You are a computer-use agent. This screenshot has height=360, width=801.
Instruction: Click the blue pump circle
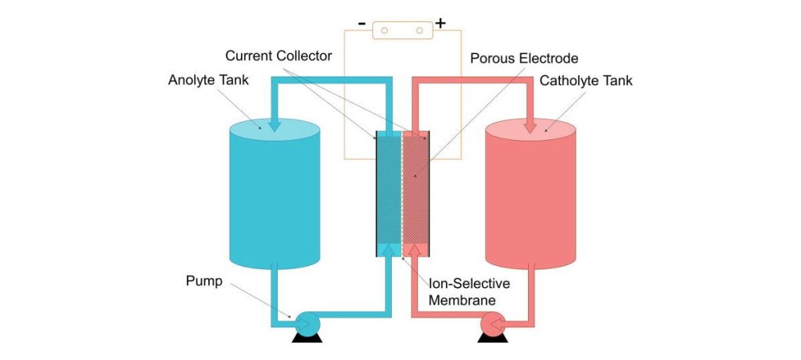pyautogui.click(x=305, y=322)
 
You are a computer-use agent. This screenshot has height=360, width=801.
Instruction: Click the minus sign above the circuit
pyautogui.click(x=361, y=23)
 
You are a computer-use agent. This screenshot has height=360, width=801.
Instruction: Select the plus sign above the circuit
pyautogui.click(x=440, y=23)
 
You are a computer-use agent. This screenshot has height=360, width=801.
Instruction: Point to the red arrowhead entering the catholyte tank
pyautogui.click(x=530, y=124)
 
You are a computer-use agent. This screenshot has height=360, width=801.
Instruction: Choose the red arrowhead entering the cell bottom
pyautogui.click(x=415, y=249)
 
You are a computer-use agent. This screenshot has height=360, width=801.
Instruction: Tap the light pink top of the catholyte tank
pyautogui.click(x=531, y=130)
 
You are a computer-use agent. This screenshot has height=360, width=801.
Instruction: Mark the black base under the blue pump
pyautogui.click(x=305, y=338)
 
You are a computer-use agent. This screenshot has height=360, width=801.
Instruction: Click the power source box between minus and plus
pyautogui.click(x=401, y=30)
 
